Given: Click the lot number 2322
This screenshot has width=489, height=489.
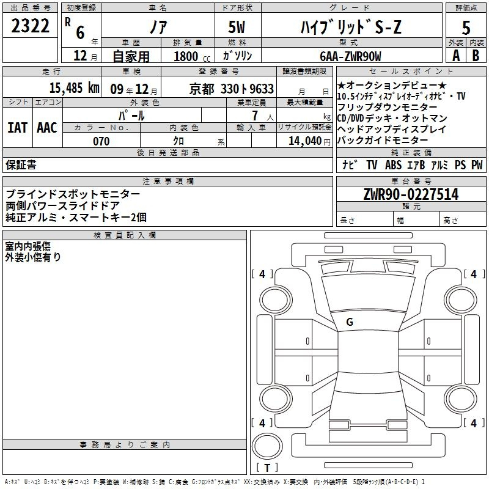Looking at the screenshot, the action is (x=30, y=26).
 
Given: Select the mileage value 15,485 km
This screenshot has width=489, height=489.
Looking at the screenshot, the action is (x=74, y=88).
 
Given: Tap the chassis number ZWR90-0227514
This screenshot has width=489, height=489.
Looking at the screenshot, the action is (x=411, y=194).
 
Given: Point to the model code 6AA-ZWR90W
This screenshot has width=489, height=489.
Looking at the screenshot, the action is (x=350, y=56).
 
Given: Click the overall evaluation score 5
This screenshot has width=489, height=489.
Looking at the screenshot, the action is (x=466, y=28).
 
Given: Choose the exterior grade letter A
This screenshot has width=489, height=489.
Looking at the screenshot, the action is (x=456, y=56).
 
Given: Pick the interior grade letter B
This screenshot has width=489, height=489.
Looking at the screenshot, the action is (x=476, y=56).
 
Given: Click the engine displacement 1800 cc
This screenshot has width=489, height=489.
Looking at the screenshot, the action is (x=192, y=56).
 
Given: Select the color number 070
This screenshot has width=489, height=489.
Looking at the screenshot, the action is (x=101, y=141).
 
